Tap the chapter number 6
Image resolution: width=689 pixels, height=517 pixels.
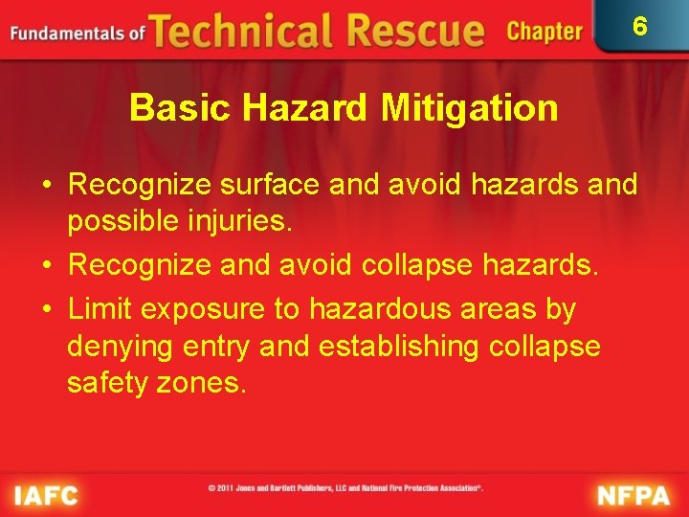pos(640,26)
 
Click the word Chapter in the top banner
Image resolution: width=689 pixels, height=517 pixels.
pos(545,32)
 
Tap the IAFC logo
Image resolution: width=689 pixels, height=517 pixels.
pos(45,495)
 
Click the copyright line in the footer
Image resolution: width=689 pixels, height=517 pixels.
pos(345,487)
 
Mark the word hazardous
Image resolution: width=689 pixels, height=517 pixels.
pos(365,310)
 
